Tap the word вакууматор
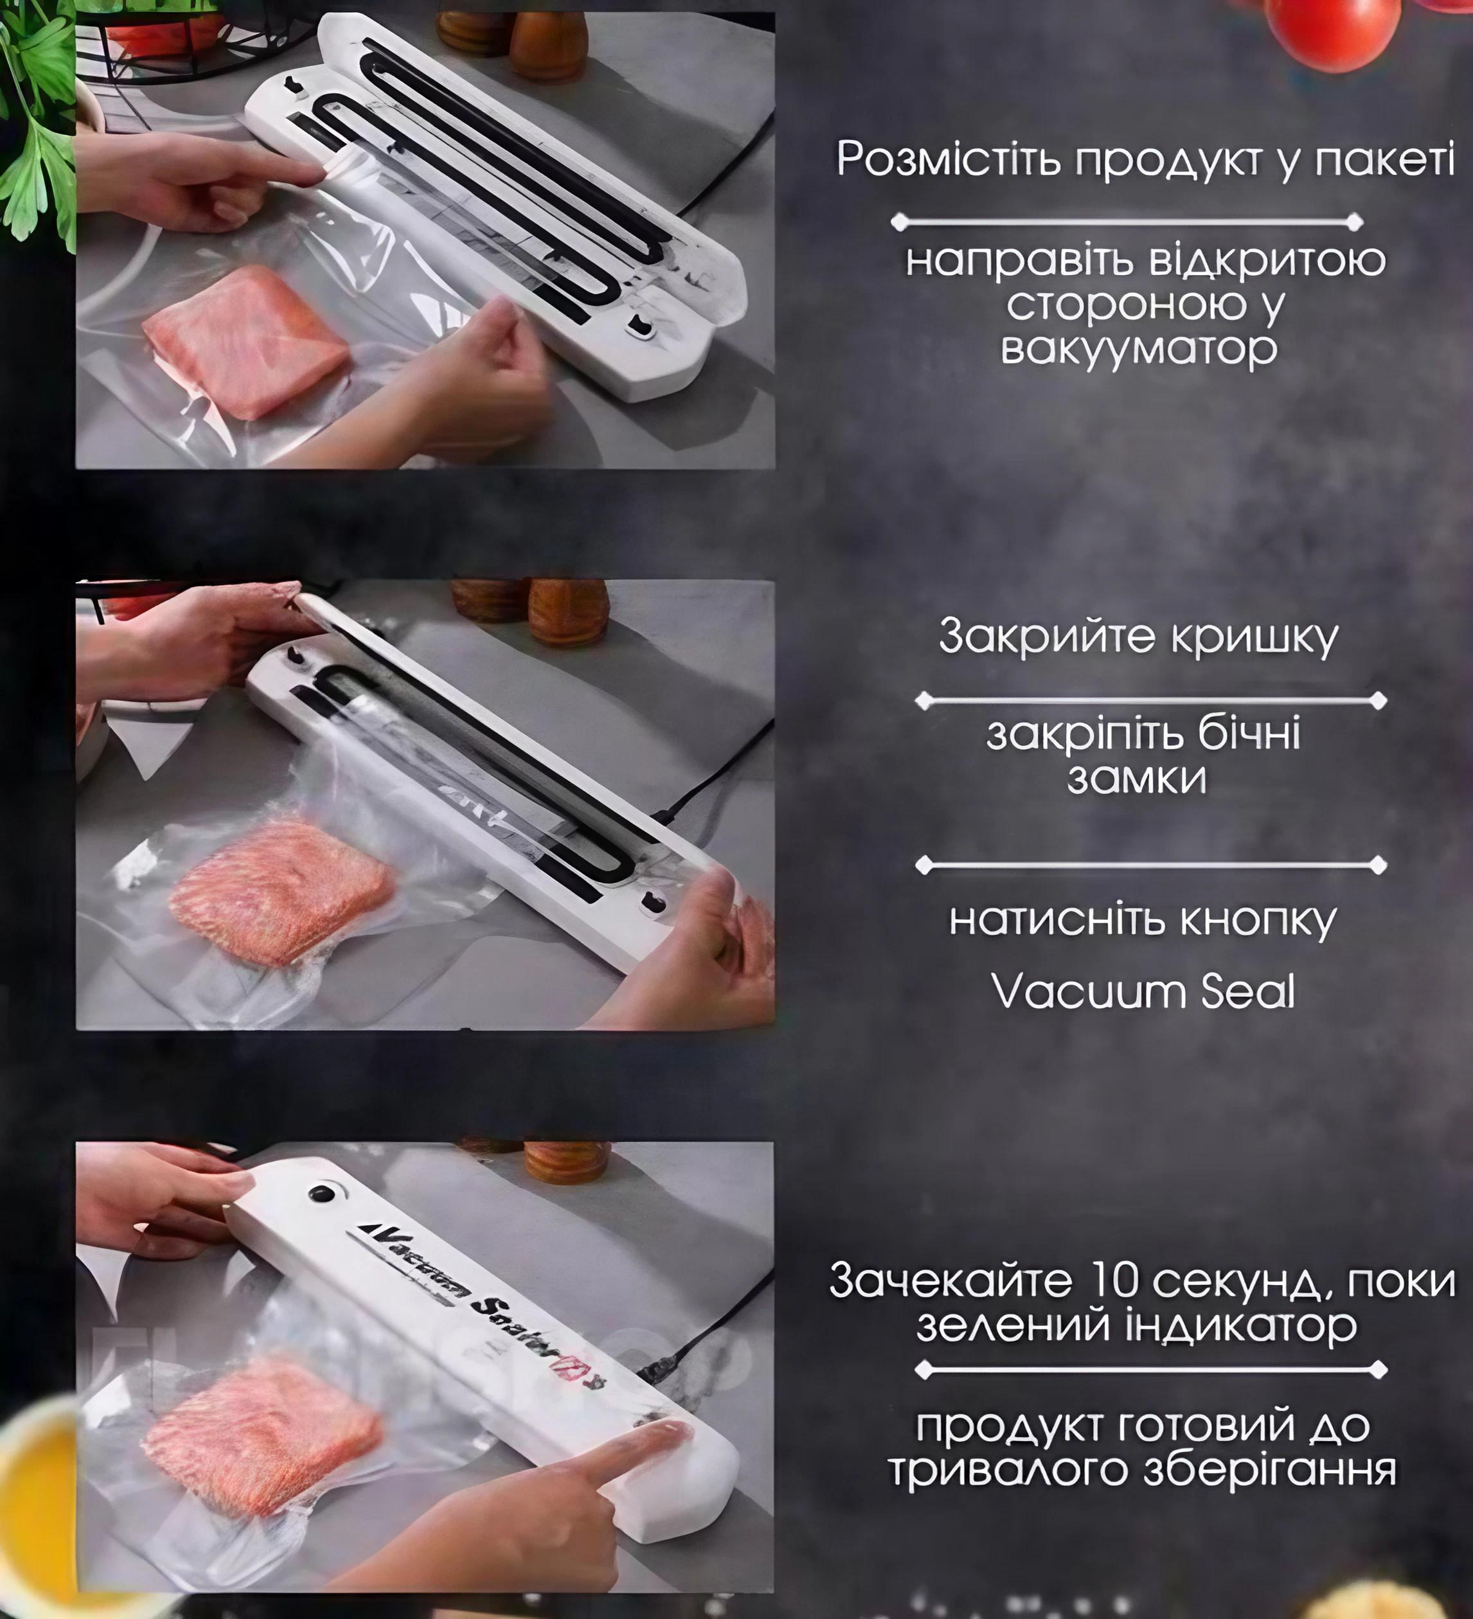[x=1139, y=348]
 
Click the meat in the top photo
[x=245, y=341]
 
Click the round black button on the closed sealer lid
[x=322, y=1194]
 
